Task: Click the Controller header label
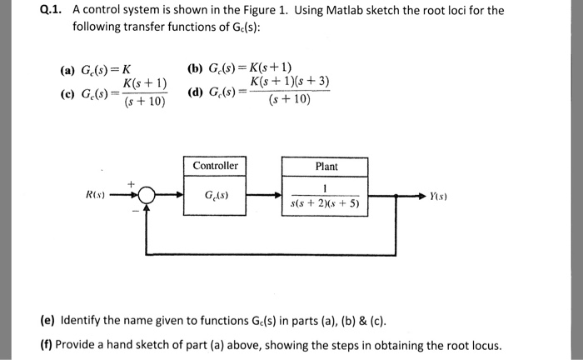pyautogui.click(x=215, y=166)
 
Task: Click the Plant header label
pyautogui.click(x=326, y=166)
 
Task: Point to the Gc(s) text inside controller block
pyautogui.click(x=216, y=197)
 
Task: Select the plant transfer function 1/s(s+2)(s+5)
pyautogui.click(x=326, y=196)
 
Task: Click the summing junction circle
pyautogui.click(x=147, y=197)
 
